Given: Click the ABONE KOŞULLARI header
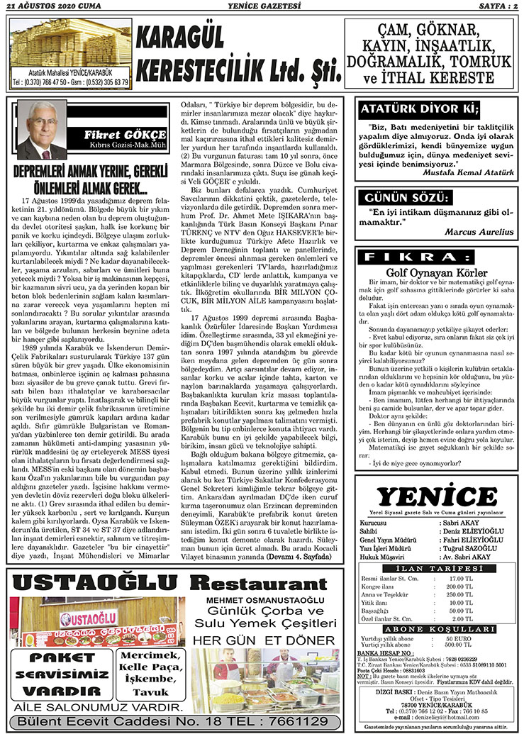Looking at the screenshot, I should (437, 628).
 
